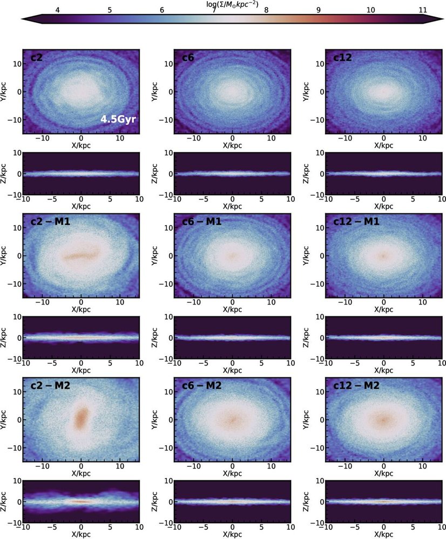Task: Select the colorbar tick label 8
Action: click(x=266, y=10)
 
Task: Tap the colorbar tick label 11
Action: click(x=422, y=10)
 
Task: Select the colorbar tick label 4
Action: click(x=58, y=10)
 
